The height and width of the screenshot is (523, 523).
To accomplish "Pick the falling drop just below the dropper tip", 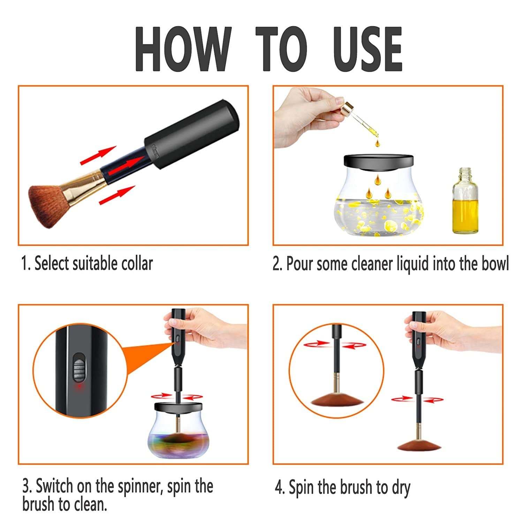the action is click(x=377, y=143).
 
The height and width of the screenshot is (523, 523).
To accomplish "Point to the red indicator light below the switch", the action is click(x=79, y=387).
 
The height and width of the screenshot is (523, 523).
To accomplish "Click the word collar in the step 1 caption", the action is click(x=137, y=264).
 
